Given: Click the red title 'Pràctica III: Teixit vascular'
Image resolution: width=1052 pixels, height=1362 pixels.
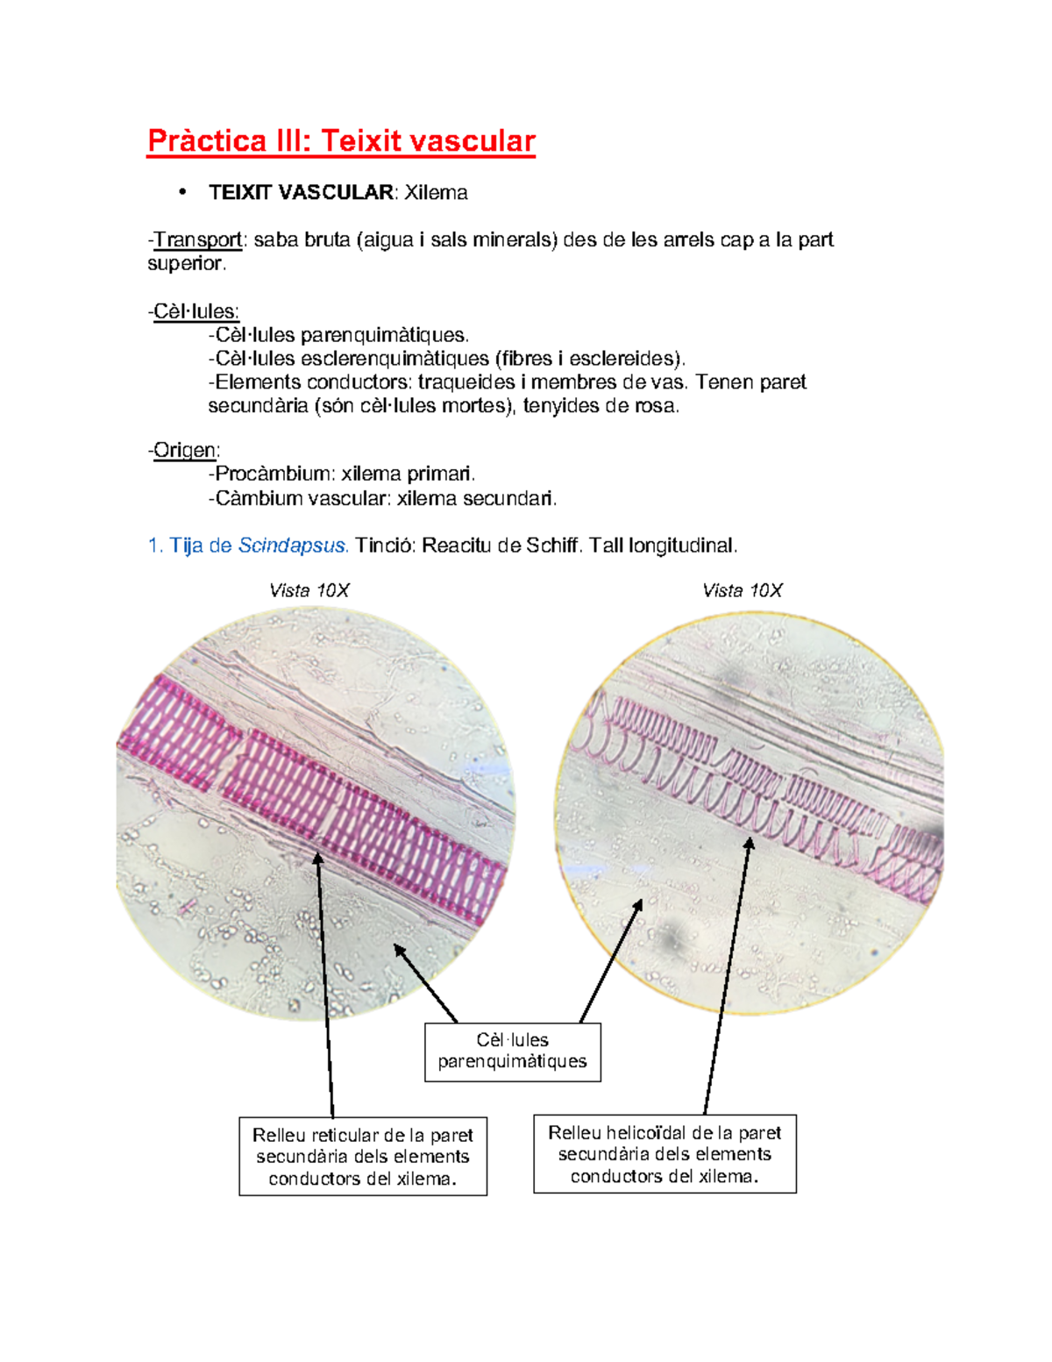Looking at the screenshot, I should pyautogui.click(x=341, y=141).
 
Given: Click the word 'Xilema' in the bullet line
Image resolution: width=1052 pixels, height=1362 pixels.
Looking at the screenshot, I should pyautogui.click(x=436, y=193).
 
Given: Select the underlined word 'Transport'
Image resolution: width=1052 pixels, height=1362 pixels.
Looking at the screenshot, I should pyautogui.click(x=198, y=240).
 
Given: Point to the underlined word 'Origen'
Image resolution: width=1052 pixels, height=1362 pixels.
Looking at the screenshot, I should pyautogui.click(x=185, y=451).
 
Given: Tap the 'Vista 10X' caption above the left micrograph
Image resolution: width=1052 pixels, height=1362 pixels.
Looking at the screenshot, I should pyautogui.click(x=309, y=590).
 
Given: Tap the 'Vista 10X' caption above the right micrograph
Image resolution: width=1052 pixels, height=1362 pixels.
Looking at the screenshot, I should pyautogui.click(x=742, y=590).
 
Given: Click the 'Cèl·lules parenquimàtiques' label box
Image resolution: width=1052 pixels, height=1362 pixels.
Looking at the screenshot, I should pyautogui.click(x=513, y=1051).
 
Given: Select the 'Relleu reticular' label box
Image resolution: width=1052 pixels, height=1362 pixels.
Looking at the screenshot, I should pyautogui.click(x=363, y=1156).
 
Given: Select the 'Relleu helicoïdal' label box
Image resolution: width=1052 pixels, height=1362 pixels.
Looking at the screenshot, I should pyautogui.click(x=665, y=1154).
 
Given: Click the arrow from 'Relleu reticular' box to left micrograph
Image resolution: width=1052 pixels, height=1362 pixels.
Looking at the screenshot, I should pyautogui.click(x=325, y=982).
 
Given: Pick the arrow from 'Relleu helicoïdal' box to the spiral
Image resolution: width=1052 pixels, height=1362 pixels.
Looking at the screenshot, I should pyautogui.click(x=727, y=973).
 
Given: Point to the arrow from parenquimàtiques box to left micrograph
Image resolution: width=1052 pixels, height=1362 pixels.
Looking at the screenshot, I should pyautogui.click(x=427, y=984).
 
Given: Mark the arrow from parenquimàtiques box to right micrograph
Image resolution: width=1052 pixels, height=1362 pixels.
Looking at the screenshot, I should pyautogui.click(x=612, y=960).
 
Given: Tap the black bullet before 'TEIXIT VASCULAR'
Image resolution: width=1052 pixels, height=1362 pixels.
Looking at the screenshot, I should pyautogui.click(x=182, y=192).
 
